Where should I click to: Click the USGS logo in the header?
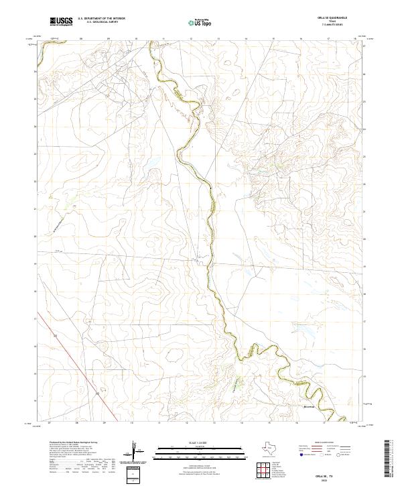pyautogui.click(x=61, y=22)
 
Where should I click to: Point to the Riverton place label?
pyautogui.click(x=305, y=406)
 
